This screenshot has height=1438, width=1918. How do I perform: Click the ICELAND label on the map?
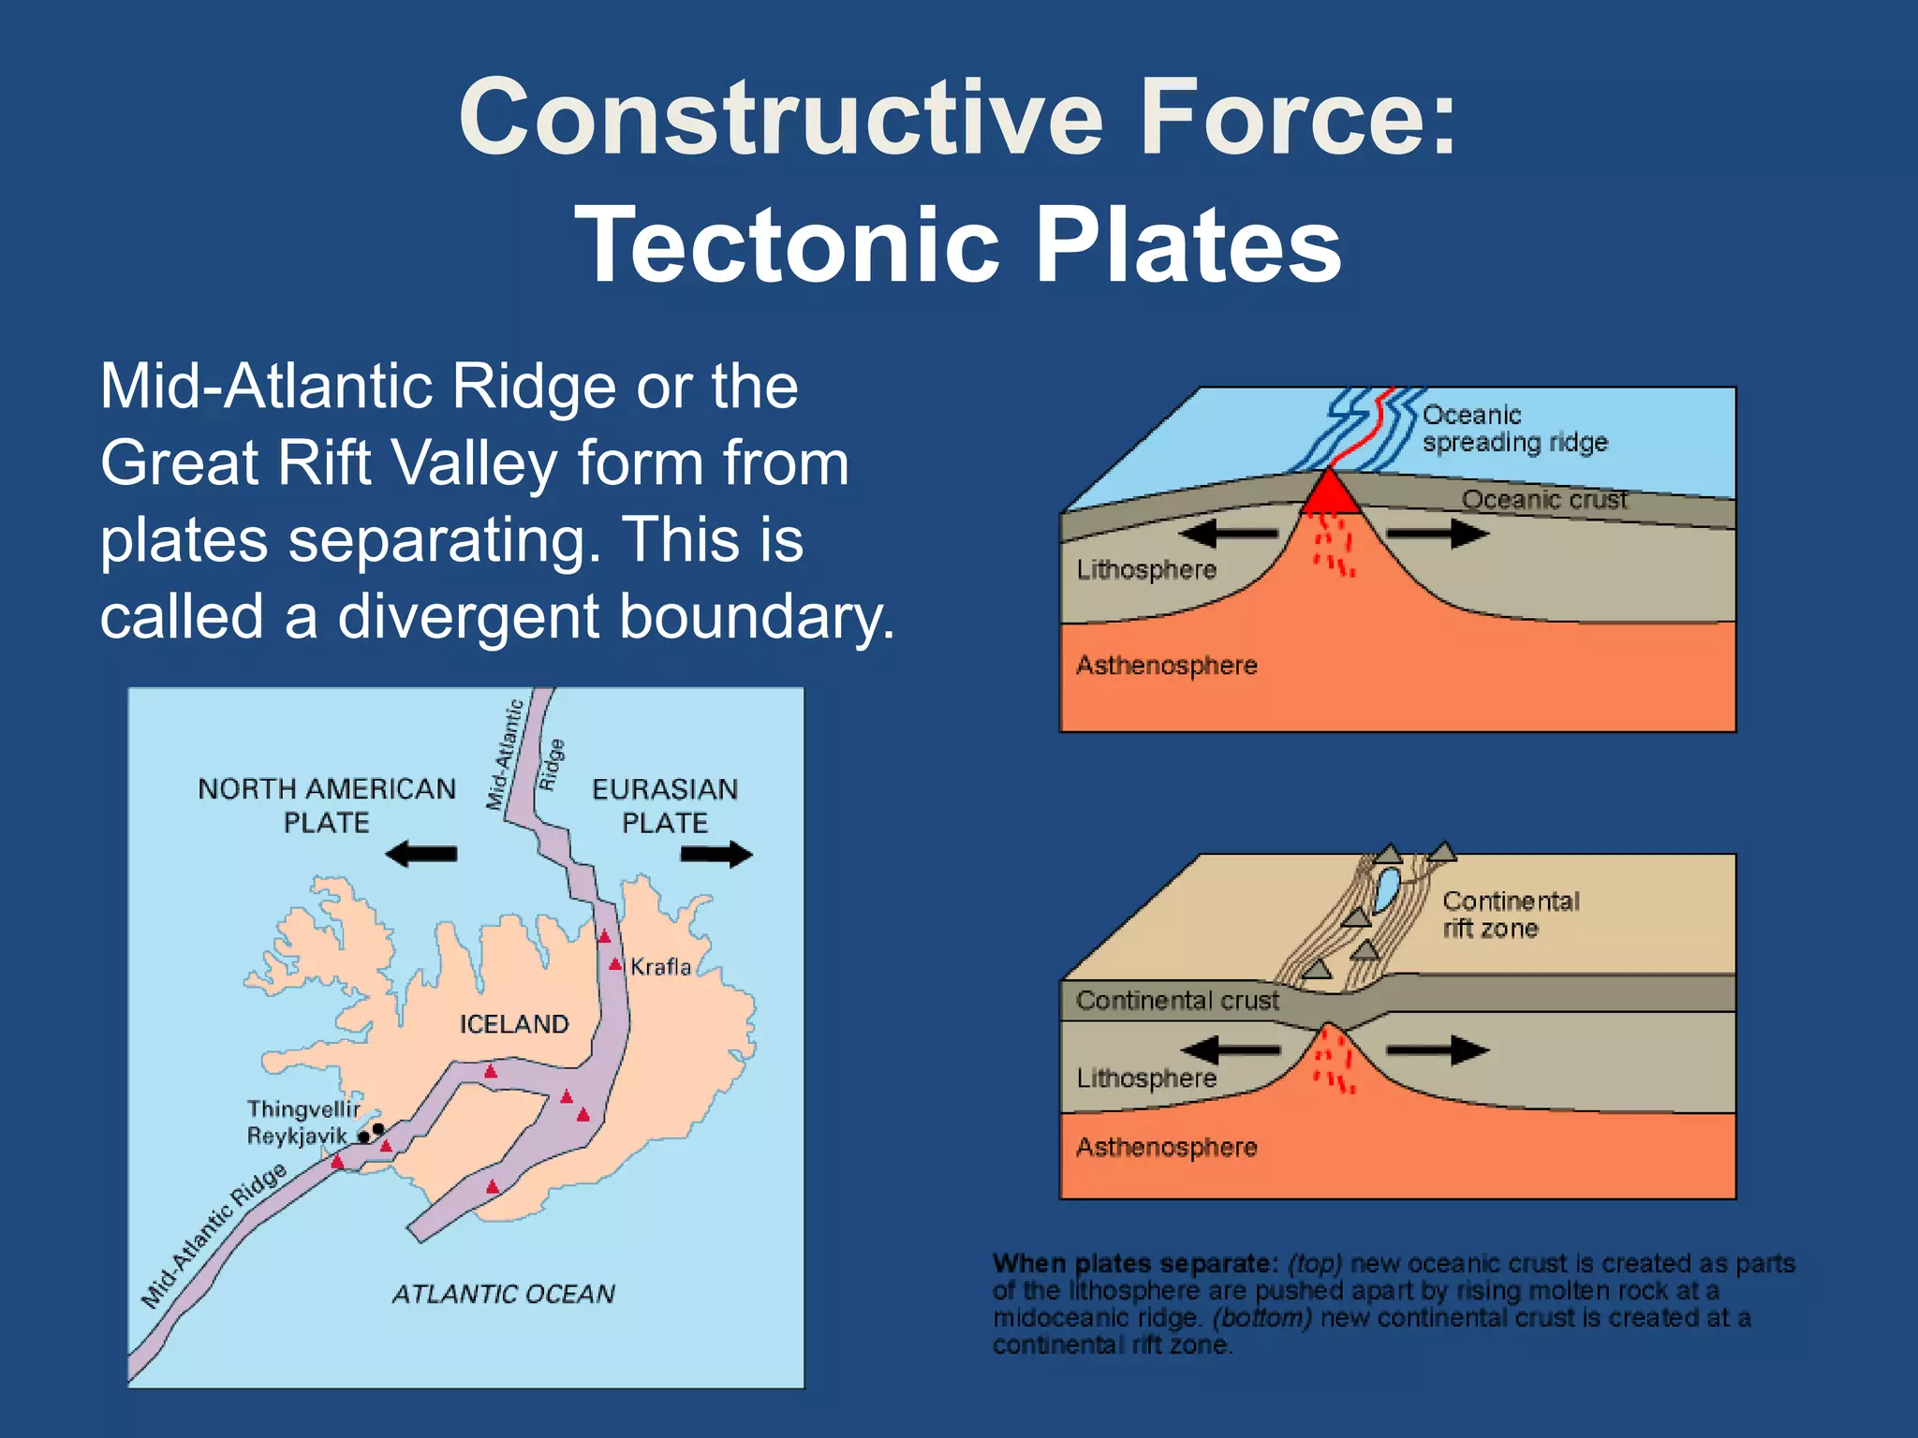tap(514, 1023)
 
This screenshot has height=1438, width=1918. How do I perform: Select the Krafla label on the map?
tap(660, 966)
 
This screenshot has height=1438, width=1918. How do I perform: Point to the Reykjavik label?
tap(297, 1136)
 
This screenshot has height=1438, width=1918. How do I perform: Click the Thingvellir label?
tap(303, 1108)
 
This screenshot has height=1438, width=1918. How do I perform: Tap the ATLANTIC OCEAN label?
tap(503, 1294)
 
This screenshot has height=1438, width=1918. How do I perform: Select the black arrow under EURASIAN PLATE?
tap(716, 854)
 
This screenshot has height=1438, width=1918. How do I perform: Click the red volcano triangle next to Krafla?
tap(615, 963)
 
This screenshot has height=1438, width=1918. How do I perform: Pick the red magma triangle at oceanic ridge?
tap(1329, 494)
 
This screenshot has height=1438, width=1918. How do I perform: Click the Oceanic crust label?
tap(1544, 499)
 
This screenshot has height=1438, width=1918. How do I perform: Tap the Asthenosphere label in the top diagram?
tap(1166, 666)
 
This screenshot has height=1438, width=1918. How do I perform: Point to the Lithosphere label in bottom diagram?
tap(1146, 1078)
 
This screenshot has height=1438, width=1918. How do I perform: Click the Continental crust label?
tap(1177, 1000)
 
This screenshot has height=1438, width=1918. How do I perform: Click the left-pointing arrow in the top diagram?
tap(1228, 535)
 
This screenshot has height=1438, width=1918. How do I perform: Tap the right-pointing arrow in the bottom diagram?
tap(1438, 1050)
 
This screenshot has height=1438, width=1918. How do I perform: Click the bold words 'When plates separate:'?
tap(1135, 1264)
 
